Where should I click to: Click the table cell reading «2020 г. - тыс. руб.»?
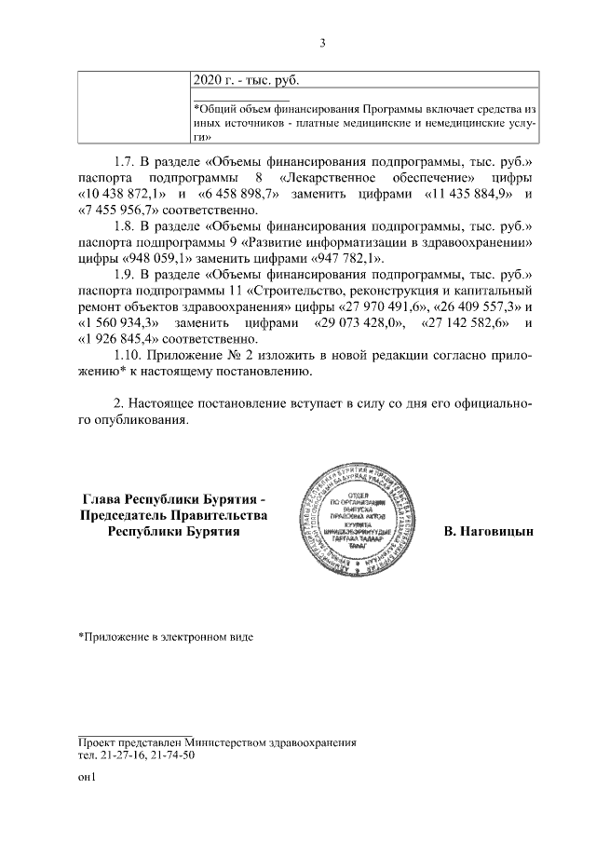click(x=246, y=81)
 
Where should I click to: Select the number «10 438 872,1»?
click(x=120, y=194)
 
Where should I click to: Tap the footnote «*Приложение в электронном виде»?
click(x=165, y=637)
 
